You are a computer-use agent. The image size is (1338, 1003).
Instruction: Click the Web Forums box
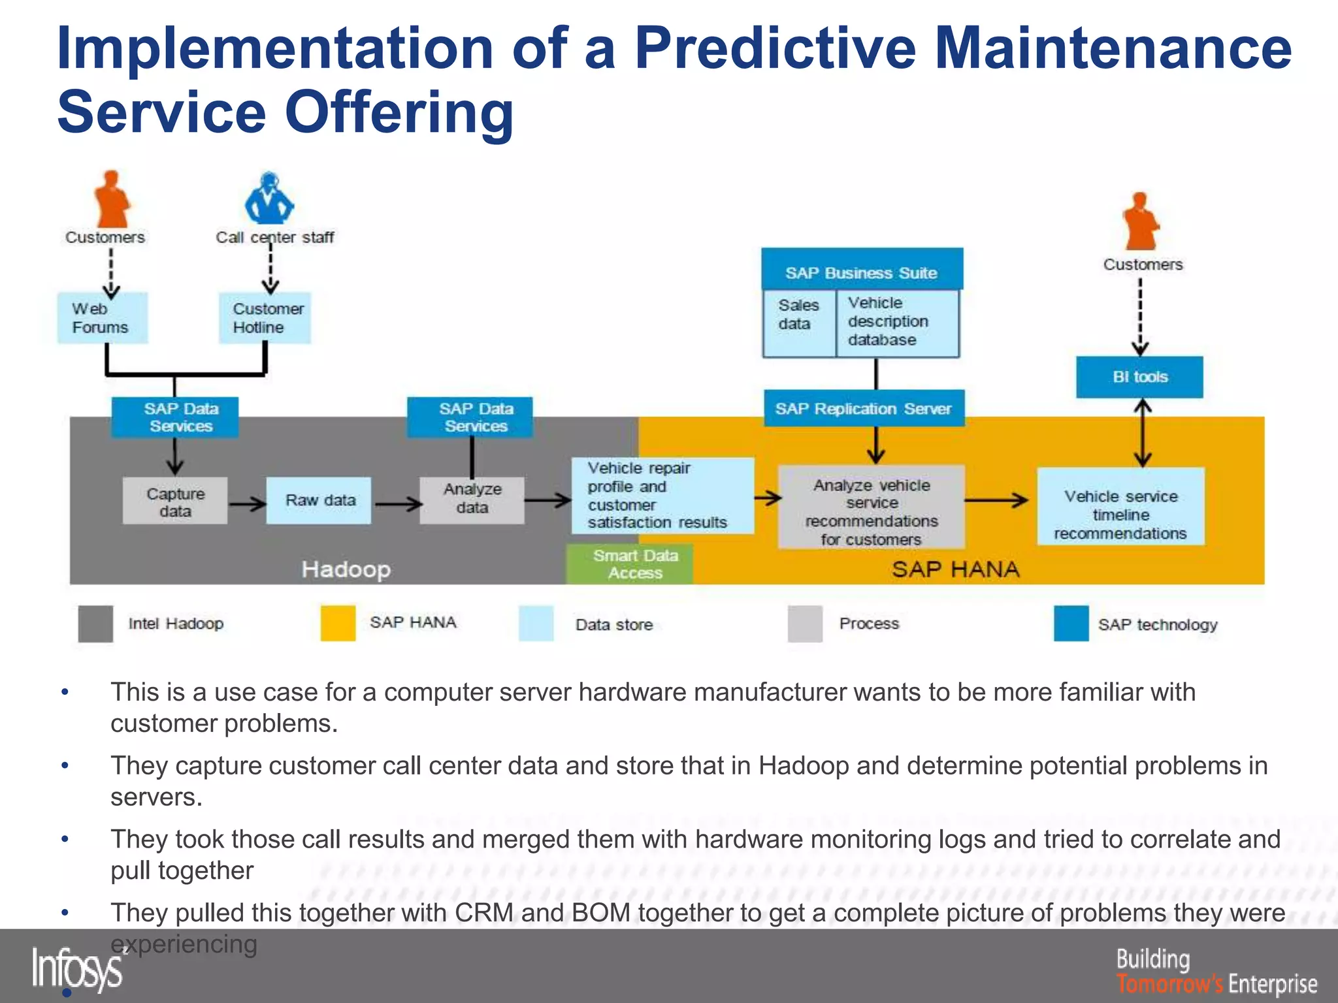tap(102, 318)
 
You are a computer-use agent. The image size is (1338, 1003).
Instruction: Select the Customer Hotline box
tap(265, 318)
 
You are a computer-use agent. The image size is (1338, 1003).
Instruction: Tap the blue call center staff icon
tap(269, 199)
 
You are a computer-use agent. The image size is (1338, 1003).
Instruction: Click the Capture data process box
tap(175, 501)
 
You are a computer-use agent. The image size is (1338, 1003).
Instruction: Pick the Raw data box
tap(319, 501)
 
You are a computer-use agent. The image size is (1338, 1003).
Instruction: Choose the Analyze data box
tap(472, 500)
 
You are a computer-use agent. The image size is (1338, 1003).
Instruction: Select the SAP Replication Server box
tap(864, 409)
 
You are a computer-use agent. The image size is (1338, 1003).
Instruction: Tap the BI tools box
tap(1139, 377)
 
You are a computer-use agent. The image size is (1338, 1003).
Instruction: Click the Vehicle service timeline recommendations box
tap(1121, 507)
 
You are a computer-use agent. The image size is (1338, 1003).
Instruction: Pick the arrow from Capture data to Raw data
tap(247, 503)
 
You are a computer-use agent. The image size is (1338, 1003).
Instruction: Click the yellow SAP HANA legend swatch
tap(338, 623)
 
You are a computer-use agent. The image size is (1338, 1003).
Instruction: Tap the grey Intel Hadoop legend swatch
tap(95, 624)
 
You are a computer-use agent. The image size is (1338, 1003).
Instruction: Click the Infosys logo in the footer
tap(77, 969)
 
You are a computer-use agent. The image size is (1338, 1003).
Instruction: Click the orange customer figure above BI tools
tap(1140, 222)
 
